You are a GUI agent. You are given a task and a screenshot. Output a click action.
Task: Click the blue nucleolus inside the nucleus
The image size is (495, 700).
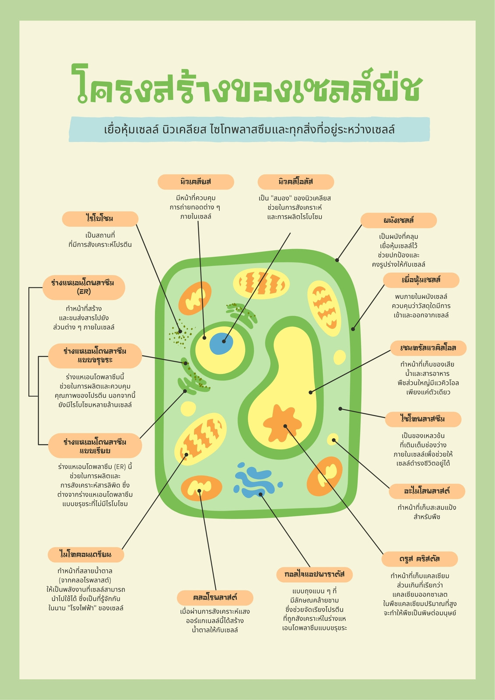[221, 343]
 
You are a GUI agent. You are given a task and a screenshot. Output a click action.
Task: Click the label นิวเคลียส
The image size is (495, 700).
[196, 182]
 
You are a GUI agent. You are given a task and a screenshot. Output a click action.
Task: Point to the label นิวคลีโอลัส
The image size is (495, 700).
[296, 182]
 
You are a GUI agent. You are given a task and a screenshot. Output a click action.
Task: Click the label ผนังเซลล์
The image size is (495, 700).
[399, 220]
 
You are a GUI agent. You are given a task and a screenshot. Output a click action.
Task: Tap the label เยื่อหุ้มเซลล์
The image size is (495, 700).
[421, 280]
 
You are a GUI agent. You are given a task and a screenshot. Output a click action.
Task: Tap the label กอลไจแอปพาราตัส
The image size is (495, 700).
[315, 575]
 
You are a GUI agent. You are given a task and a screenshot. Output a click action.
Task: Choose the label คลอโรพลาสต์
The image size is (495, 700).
[215, 598]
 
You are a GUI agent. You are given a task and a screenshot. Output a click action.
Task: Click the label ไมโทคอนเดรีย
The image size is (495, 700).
[86, 555]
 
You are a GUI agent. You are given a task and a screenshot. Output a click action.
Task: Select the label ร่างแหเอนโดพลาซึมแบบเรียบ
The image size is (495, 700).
[95, 446]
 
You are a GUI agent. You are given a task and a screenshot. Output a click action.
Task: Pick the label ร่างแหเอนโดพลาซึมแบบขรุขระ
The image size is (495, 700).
[95, 356]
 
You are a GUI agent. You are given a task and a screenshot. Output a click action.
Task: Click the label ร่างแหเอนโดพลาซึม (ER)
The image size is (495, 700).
[84, 287]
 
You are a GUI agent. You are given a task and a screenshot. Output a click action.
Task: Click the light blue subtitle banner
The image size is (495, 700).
[249, 129]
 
